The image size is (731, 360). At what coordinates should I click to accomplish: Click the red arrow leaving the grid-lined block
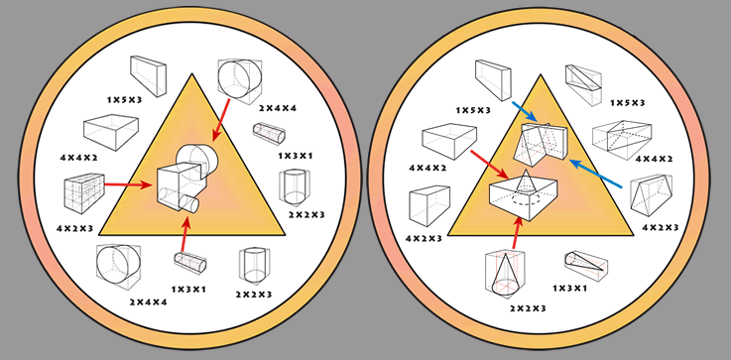point(129,184)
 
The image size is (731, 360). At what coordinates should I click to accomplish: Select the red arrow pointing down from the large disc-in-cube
point(220,119)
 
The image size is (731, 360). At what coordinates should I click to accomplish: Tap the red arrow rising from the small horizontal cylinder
point(185,235)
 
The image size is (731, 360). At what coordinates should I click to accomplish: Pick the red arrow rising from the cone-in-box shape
point(517,232)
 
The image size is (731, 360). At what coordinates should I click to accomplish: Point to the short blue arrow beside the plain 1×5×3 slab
point(525,112)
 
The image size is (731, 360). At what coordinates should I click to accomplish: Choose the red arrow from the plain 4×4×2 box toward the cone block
point(489,165)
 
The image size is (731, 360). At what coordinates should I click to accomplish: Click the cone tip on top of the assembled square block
point(526,172)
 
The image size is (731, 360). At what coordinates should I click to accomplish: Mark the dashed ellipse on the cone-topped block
point(524,204)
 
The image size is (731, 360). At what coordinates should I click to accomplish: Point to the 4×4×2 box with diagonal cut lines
point(622,140)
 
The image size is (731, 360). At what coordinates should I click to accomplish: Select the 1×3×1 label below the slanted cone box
point(569,289)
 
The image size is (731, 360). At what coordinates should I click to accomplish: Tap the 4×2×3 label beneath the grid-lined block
point(75,228)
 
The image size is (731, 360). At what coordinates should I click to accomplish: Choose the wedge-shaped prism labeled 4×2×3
point(652,195)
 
